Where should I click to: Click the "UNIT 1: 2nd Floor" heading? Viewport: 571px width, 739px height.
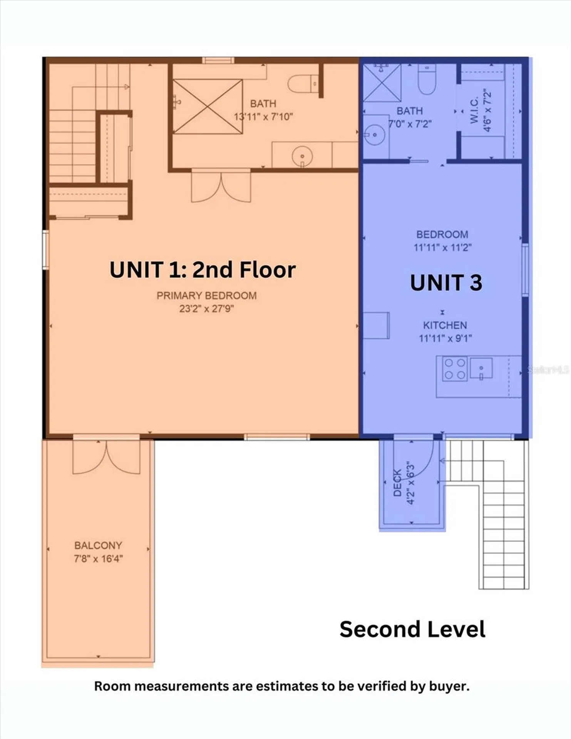click(203, 269)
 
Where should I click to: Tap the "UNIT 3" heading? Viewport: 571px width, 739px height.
click(446, 283)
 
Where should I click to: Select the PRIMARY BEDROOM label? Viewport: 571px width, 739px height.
click(206, 296)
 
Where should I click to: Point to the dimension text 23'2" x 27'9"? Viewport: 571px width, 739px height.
click(206, 309)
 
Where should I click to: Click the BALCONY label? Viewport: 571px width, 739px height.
click(98, 545)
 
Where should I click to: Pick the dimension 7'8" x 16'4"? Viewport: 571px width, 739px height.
click(98, 558)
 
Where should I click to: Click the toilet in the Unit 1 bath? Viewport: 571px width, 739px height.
click(303, 84)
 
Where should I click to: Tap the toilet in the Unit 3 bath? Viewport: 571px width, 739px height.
click(427, 79)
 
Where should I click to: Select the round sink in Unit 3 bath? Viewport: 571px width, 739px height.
click(375, 135)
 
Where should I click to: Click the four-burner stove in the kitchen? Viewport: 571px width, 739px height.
click(455, 369)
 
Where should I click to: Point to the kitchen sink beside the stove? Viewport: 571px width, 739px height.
click(481, 369)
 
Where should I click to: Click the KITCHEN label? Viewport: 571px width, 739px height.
click(445, 325)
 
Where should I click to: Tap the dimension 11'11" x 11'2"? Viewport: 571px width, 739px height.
click(442, 247)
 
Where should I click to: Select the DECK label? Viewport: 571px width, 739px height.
click(397, 483)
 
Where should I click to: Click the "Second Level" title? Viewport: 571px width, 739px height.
click(412, 629)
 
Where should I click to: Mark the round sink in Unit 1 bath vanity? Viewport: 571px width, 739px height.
click(302, 157)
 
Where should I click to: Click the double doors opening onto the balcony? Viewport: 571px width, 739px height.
click(106, 456)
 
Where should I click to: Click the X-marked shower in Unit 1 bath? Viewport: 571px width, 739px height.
click(208, 107)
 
